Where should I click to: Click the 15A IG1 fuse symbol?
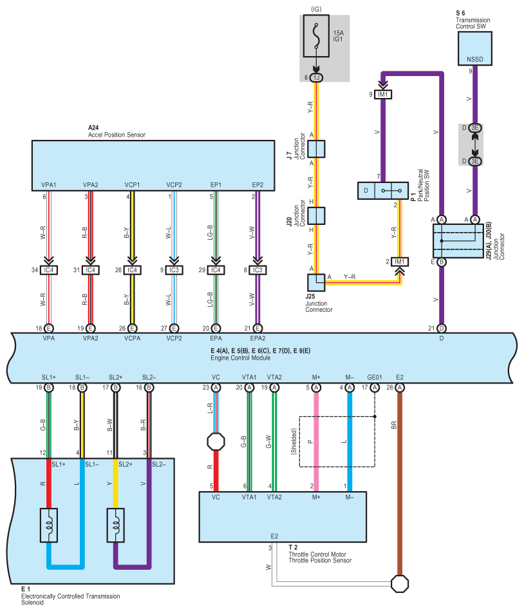tap(316, 36)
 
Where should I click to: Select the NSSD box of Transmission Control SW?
tap(474, 48)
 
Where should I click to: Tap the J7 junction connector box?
tap(316, 149)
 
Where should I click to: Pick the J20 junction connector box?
tap(316, 215)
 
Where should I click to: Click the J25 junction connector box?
tap(316, 282)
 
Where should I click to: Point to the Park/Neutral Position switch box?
tap(383, 191)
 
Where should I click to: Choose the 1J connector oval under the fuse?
tap(316, 77)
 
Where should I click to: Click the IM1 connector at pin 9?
tap(383, 94)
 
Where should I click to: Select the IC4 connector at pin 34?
tap(49, 270)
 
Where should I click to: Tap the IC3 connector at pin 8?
tap(257, 270)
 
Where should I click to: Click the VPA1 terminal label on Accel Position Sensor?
tap(49, 185)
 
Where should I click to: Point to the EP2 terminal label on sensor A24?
tap(257, 185)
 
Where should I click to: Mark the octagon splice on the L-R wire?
tap(216, 442)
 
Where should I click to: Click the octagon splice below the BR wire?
tap(399, 584)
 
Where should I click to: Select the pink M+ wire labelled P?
tap(316, 442)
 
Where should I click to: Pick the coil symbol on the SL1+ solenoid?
tap(49, 525)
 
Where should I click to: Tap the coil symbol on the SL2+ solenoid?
tap(116, 525)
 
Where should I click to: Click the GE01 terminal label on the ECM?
tap(375, 377)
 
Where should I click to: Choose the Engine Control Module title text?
tap(241, 358)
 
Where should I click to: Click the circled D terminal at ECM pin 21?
tap(442, 329)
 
